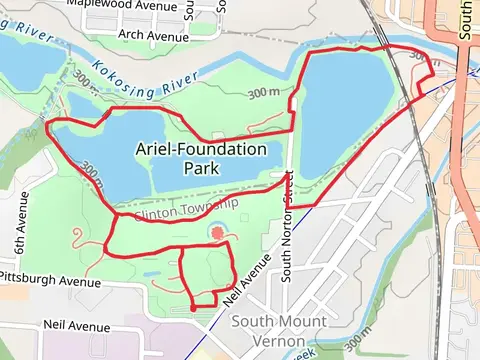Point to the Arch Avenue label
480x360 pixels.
pyautogui.click(x=153, y=36)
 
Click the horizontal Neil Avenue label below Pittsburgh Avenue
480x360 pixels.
pyautogui.click(x=77, y=326)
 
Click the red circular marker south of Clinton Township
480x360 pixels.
pyautogui.click(x=217, y=235)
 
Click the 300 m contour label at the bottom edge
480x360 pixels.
pyautogui.click(x=359, y=346)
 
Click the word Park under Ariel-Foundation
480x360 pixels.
pyautogui.click(x=201, y=169)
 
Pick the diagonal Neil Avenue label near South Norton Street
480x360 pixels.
pyautogui.click(x=246, y=281)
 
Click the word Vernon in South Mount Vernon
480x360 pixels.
pyautogui.click(x=278, y=339)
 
